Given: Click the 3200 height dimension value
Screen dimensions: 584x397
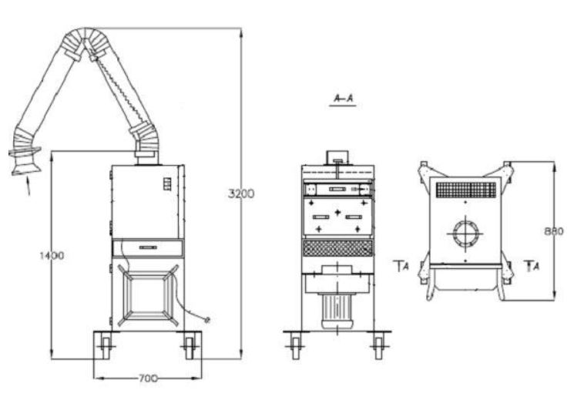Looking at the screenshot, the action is click(x=241, y=193).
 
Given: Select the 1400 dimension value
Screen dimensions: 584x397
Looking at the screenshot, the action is click(x=52, y=255).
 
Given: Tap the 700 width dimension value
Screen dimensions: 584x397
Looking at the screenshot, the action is click(x=148, y=378).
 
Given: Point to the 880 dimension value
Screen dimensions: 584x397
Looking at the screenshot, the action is click(x=554, y=231).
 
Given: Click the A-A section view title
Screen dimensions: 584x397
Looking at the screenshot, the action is click(x=343, y=99).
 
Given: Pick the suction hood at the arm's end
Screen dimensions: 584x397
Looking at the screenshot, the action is click(x=25, y=161).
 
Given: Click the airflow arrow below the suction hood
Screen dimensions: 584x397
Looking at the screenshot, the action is click(x=28, y=186).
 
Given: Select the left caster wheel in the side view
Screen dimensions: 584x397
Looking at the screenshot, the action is click(x=106, y=347).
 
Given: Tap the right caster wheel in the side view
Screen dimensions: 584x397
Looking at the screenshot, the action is click(x=190, y=347).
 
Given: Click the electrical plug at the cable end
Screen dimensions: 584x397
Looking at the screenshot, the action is click(x=207, y=319).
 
